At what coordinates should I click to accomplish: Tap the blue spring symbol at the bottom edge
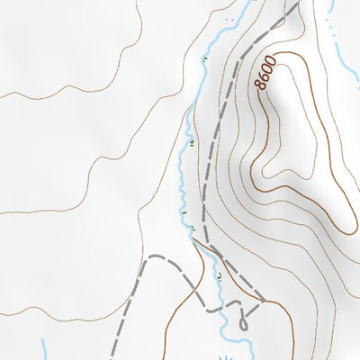(x=232, y=354)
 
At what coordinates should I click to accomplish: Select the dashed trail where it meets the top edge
(x=295, y=2)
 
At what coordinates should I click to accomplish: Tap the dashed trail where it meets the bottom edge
(x=112, y=357)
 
